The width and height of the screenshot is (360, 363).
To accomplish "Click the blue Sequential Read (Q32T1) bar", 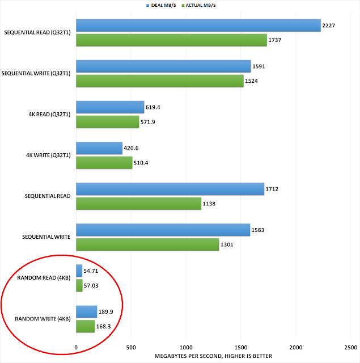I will point(198,26).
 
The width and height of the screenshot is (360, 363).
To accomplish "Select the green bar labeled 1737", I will point(171,40).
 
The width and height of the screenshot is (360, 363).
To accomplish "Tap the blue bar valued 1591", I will point(163,66).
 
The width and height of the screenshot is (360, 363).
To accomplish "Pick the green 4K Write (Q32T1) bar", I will point(104,163).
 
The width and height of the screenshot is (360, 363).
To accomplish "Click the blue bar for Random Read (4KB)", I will point(79,271).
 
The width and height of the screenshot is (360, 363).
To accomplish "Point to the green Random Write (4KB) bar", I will point(85,326).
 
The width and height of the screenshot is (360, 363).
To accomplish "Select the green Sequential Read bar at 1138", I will point(138,204).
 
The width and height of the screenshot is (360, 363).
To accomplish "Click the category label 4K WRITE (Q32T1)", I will point(49,155).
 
